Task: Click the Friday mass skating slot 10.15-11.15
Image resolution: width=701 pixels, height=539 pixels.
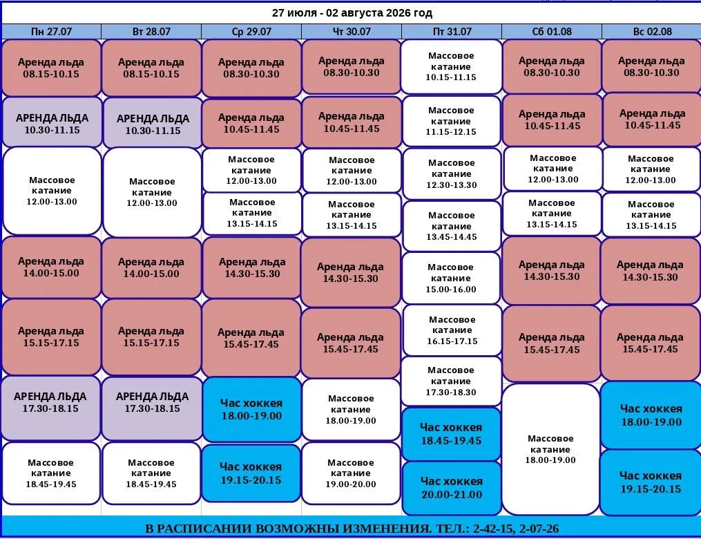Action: [451, 66]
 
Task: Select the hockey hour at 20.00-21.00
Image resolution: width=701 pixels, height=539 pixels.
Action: [452, 488]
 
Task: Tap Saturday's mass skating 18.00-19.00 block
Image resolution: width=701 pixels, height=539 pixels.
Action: [550, 449]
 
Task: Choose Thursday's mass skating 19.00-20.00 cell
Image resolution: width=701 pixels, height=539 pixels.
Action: [351, 473]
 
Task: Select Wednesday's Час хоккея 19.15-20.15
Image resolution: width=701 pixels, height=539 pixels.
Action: [251, 473]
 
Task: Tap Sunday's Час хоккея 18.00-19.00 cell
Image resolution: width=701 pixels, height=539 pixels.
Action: [651, 415]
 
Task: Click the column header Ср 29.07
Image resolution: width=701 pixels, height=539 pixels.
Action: [251, 32]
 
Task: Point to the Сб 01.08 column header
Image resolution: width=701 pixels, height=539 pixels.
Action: [552, 32]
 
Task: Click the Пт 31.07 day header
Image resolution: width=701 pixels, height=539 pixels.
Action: [452, 32]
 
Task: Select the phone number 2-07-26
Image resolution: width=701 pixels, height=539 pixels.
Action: [539, 529]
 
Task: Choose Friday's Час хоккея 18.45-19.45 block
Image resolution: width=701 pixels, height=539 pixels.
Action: [452, 434]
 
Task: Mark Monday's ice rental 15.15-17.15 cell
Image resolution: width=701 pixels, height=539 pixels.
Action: [51, 337]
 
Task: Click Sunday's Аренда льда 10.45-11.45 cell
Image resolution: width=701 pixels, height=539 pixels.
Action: [652, 120]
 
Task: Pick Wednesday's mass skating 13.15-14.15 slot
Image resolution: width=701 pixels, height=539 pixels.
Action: [252, 214]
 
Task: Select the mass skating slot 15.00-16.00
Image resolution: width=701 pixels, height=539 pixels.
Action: [451, 278]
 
